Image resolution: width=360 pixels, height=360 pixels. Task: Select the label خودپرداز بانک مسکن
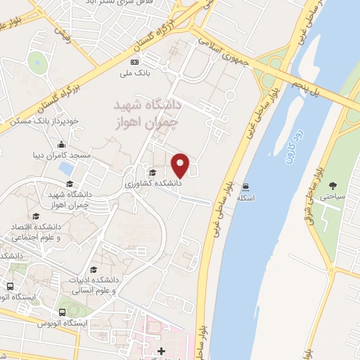pyautogui.click(x=40, y=121)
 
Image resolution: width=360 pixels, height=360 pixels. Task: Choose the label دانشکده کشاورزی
pyautogui.click(x=154, y=183)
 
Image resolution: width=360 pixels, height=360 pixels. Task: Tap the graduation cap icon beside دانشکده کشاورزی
pyautogui.click(x=151, y=172)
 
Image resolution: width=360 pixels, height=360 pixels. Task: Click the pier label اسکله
pyautogui.click(x=245, y=198)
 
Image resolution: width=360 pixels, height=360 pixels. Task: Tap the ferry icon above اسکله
pyautogui.click(x=245, y=187)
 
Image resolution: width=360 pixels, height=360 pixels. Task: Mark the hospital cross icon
pyautogui.click(x=161, y=350)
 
